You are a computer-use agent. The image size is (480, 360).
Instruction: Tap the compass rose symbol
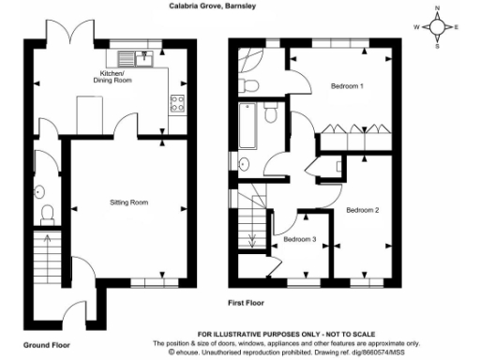438,28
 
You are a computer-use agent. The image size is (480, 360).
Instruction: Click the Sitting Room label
129,202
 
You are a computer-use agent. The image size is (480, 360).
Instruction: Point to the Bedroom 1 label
347,87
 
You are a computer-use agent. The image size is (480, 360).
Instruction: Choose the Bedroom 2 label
363,209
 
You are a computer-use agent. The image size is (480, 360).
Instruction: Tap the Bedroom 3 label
299,239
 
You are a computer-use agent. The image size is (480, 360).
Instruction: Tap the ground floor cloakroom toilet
48,216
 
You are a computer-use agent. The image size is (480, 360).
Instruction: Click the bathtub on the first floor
247,126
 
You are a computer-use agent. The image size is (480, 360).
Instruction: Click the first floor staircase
247,226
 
